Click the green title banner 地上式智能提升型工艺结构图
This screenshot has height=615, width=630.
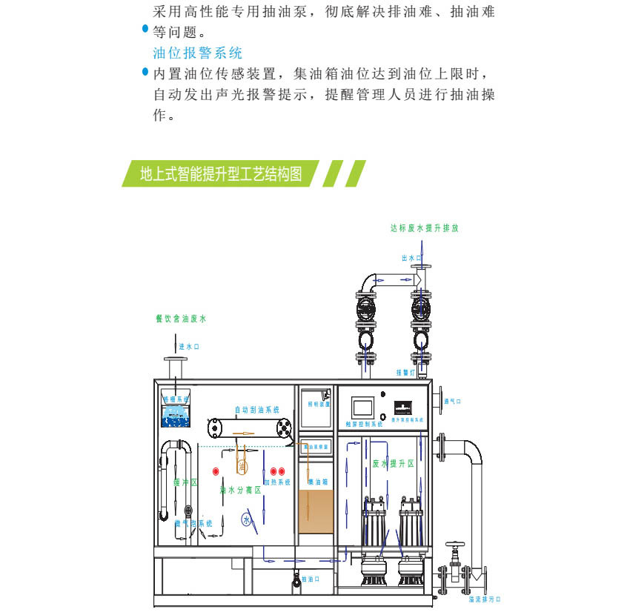point(221,173)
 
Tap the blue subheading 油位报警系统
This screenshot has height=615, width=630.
point(197,53)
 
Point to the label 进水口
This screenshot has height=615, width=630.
point(189,346)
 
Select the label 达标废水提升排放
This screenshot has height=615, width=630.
point(425,229)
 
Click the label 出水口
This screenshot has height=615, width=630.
point(411,258)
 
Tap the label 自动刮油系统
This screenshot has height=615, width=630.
point(256,409)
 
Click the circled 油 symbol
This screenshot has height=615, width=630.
point(242,467)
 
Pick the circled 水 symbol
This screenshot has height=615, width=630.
point(246,520)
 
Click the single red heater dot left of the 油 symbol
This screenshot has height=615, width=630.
point(216,471)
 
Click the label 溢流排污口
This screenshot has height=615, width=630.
point(483,600)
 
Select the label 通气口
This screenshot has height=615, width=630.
point(451,402)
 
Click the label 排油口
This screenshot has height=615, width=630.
point(311,579)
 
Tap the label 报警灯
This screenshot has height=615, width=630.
point(405,373)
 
